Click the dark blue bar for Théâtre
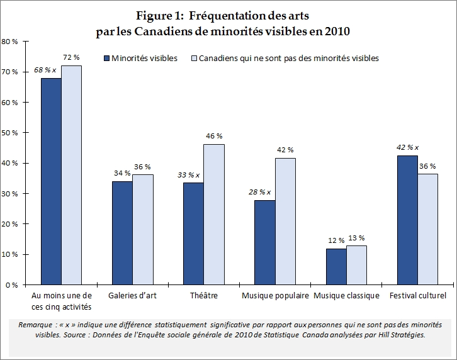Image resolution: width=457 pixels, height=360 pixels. click(x=193, y=233)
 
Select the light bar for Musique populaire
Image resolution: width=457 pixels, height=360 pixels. click(x=285, y=221)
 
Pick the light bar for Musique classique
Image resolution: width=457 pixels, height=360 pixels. click(x=356, y=265)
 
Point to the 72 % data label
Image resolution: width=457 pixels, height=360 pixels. click(x=71, y=57)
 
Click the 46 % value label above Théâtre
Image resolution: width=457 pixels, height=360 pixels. click(x=213, y=136)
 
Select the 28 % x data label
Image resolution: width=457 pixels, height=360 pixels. click(x=260, y=192)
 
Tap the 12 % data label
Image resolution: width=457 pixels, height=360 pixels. click(x=336, y=240)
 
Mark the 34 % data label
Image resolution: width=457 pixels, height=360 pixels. click(x=122, y=173)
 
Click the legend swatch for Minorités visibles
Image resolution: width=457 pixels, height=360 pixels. click(x=106, y=59)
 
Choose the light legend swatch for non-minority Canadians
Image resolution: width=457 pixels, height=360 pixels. click(x=193, y=59)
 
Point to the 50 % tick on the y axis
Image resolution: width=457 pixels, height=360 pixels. click(x=12, y=133)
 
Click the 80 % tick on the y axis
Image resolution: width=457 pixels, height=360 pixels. click(x=12, y=42)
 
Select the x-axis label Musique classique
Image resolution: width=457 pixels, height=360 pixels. click(x=346, y=296)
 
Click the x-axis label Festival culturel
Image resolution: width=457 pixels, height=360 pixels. click(x=417, y=296)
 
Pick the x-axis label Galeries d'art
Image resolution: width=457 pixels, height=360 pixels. click(x=132, y=296)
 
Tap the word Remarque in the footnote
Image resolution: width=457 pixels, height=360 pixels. click(x=36, y=324)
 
